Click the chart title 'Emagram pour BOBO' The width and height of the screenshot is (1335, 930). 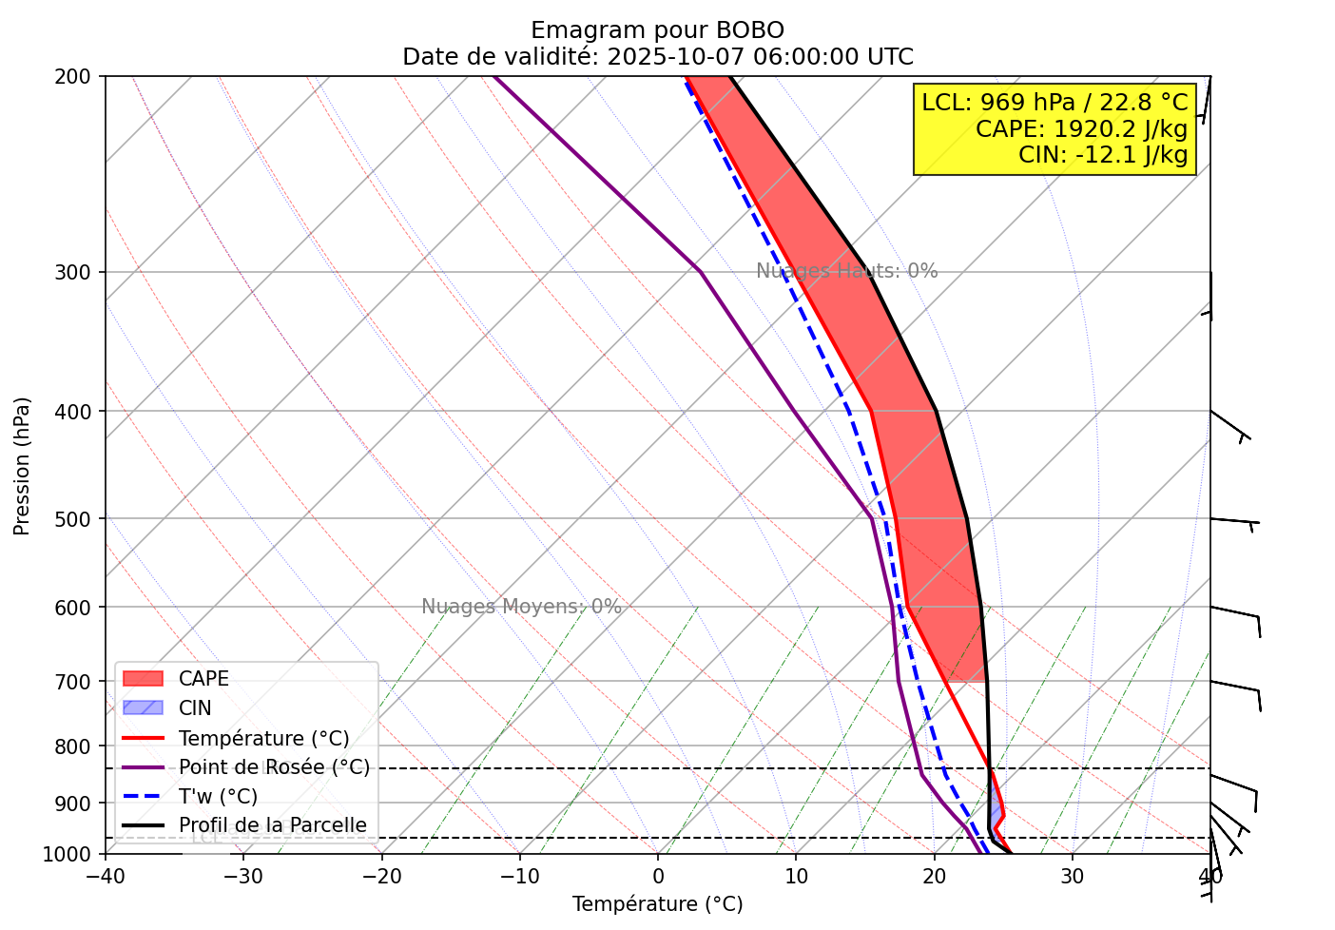point(657,30)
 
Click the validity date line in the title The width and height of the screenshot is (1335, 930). point(657,57)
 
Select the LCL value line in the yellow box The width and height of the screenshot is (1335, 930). point(1054,103)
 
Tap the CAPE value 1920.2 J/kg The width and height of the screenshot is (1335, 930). point(1081,128)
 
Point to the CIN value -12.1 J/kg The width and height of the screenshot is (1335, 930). point(1103,154)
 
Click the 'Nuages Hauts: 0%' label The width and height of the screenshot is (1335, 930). point(846,271)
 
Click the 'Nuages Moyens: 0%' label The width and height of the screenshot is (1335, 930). point(521,607)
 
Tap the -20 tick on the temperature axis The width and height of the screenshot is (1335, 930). point(381,875)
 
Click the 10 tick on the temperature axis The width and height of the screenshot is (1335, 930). point(796,875)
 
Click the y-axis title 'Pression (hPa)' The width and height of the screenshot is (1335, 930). point(22,466)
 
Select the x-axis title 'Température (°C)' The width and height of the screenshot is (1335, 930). point(657,904)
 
